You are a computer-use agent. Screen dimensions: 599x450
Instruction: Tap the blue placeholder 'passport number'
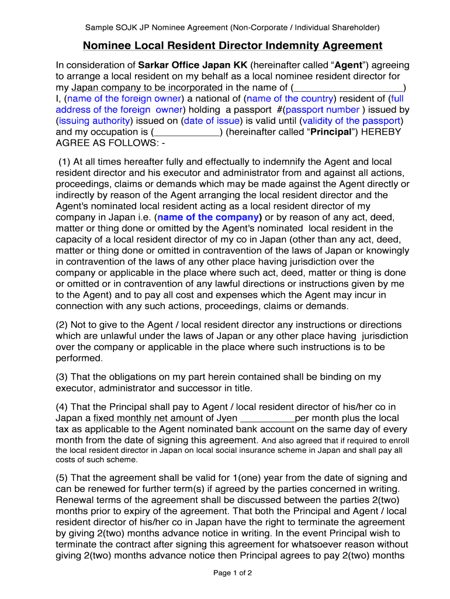pos(322,109)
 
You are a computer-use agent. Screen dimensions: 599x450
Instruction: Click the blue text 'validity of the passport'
pos(351,121)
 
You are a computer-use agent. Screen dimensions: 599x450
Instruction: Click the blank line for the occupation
pos(186,132)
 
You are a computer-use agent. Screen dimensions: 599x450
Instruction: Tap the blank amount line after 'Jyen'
pos(268,418)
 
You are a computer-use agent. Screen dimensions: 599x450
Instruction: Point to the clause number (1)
pos(65,161)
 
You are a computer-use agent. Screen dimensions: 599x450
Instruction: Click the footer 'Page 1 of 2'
pos(233,573)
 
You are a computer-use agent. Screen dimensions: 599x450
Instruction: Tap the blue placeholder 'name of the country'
pos(289,98)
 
